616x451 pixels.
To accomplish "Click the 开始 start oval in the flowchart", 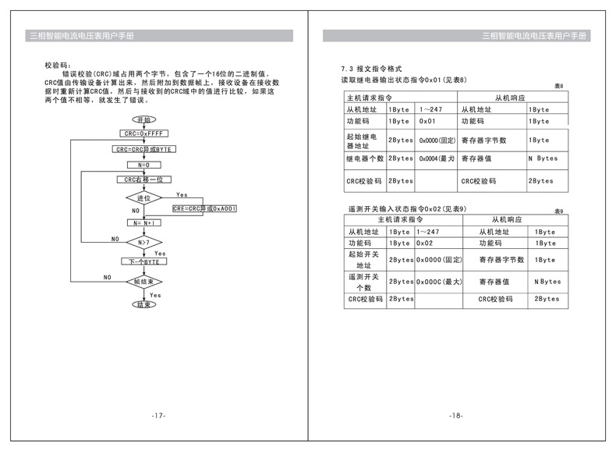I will (x=143, y=119).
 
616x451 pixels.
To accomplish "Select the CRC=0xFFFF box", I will (x=143, y=134).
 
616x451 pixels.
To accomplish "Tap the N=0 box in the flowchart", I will (x=143, y=165).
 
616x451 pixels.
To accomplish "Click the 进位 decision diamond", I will (x=143, y=198).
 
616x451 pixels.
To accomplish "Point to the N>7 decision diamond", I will (x=143, y=243).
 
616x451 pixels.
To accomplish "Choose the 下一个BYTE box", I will (x=143, y=261).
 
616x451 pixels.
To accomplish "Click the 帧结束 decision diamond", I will (x=143, y=281).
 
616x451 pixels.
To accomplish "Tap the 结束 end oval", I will (x=143, y=304).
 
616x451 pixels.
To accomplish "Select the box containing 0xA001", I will (x=206, y=208).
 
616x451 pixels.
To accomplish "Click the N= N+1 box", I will (x=143, y=223).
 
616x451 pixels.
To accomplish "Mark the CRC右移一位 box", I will (x=143, y=179).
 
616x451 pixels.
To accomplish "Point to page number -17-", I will (x=159, y=415).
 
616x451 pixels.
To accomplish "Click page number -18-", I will (x=456, y=415).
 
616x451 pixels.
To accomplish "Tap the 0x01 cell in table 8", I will (x=427, y=122).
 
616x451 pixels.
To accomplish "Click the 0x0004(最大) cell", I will (x=437, y=158).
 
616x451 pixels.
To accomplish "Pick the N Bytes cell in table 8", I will (x=543, y=158).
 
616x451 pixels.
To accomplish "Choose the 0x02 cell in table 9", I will (x=425, y=243).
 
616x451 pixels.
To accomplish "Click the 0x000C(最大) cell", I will (x=439, y=281).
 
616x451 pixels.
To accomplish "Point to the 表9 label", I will (x=558, y=211).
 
